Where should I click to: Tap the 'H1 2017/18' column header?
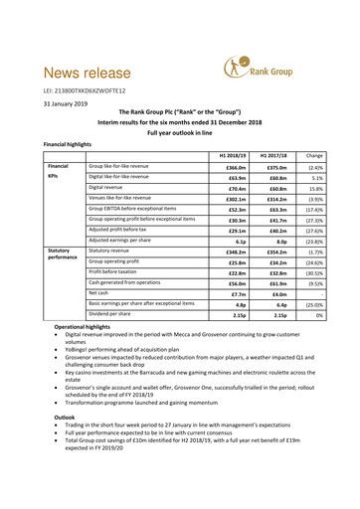(262, 155)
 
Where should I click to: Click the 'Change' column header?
(306, 155)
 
